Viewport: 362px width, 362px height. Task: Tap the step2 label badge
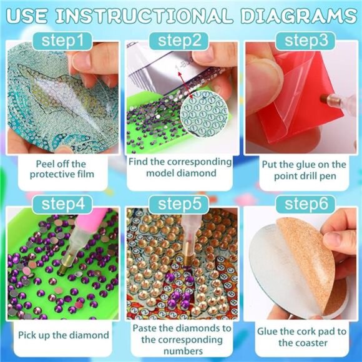pos(182,41)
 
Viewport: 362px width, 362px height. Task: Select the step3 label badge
pos(302,41)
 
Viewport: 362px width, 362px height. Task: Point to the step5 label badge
pos(182,203)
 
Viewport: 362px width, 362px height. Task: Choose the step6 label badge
pos(302,203)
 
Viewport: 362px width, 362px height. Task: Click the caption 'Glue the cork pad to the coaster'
pos(302,337)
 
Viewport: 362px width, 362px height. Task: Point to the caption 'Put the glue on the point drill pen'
pos(302,170)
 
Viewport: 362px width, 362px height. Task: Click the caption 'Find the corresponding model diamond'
pos(182,169)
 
